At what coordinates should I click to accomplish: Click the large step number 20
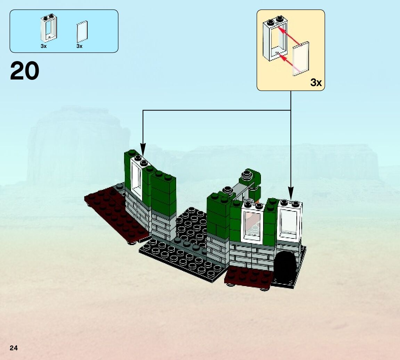25,71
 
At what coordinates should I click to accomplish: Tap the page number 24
14,348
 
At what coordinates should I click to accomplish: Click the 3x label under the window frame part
43,46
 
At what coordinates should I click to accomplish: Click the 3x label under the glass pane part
80,46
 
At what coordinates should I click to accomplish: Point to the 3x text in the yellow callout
316,83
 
